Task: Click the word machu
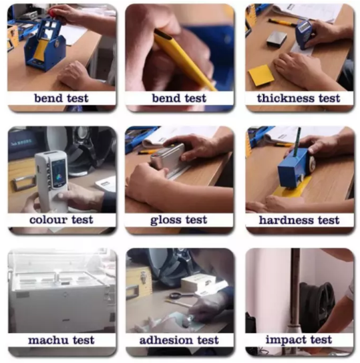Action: [49, 340]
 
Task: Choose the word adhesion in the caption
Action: [166, 340]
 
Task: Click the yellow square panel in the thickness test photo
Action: [260, 76]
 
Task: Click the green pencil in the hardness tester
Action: [297, 141]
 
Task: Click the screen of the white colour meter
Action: [59, 172]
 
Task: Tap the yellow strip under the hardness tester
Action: [293, 188]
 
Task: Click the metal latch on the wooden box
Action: [144, 277]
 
